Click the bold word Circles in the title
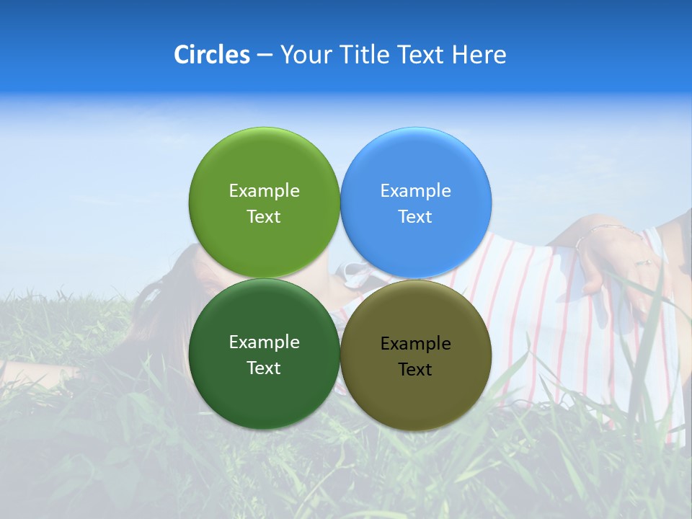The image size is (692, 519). coord(211,55)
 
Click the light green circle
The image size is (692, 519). coord(264,166)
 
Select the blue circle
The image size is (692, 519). coord(415,166)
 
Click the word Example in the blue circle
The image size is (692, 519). coord(415,190)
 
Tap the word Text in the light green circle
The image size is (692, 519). coord(264,216)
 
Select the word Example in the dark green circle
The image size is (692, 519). coord(264,342)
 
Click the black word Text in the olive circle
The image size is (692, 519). coord(415,369)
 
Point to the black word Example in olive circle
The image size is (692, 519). coord(415,343)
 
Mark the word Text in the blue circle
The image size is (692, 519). coord(415,216)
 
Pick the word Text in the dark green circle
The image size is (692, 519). coord(264,368)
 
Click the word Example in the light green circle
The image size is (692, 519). coord(264,190)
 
